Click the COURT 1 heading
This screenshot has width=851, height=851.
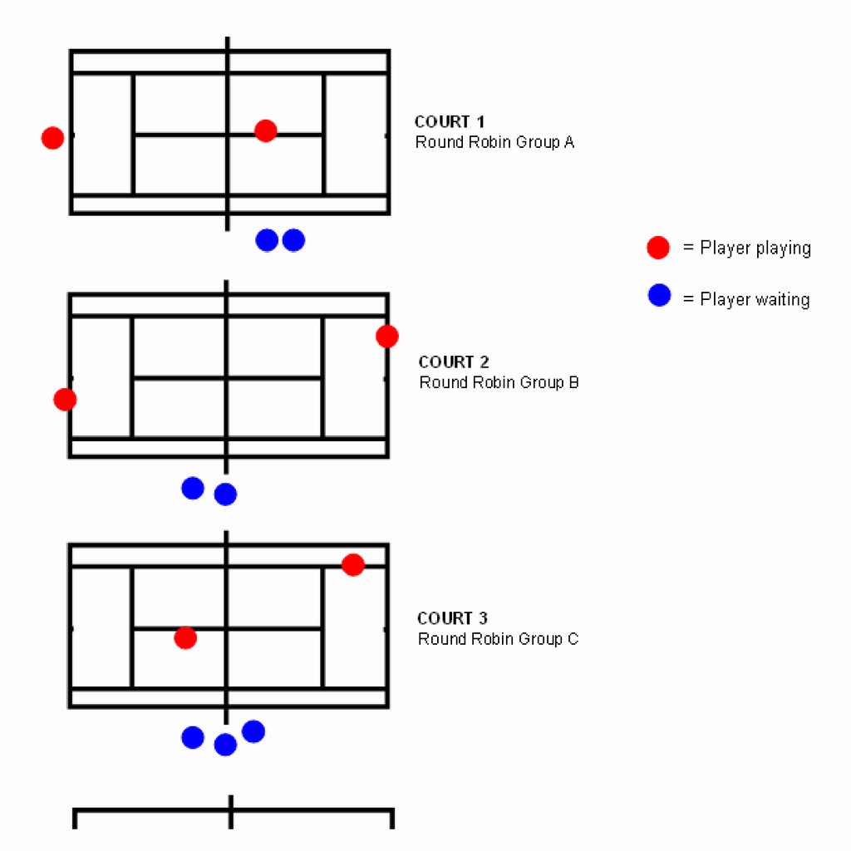pos(450,122)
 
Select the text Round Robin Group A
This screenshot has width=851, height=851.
pos(494,142)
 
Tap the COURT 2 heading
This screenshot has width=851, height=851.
pos(454,362)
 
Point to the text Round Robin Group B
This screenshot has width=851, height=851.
pos(499,382)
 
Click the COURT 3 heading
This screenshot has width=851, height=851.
pos(452,618)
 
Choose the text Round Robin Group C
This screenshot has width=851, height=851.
pos(498,639)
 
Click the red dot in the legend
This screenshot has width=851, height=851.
pos(658,248)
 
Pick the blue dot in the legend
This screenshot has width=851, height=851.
pos(659,295)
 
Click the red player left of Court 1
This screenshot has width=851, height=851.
pos(52,138)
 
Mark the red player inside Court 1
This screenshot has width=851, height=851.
pos(266,130)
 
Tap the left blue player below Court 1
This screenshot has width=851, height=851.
pos(267,240)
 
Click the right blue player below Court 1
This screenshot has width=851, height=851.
pos(293,240)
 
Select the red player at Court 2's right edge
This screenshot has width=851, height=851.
pos(386,337)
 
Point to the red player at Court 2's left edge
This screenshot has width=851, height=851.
pos(65,400)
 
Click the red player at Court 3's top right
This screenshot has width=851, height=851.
pos(353,565)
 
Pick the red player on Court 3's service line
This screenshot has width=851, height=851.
pos(185,637)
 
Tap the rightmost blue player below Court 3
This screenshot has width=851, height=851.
pos(253,731)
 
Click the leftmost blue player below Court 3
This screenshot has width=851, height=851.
pos(193,737)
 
